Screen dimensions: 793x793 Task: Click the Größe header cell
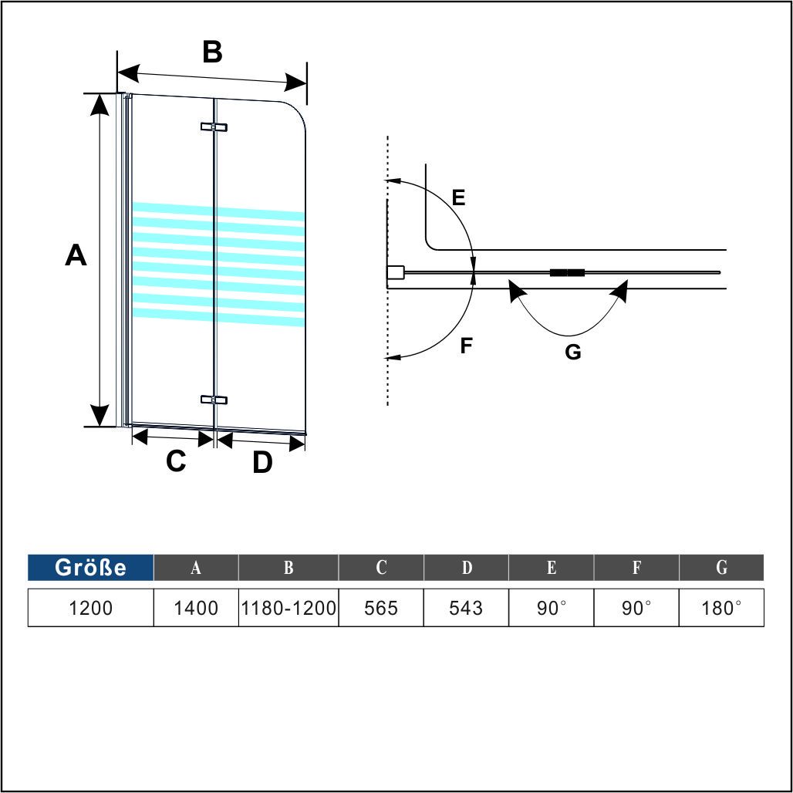(90, 568)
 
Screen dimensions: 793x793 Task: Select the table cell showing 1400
(196, 607)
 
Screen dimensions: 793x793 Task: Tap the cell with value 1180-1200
(289, 607)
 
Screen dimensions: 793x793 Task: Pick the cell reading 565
(381, 607)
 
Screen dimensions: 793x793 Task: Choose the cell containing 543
(466, 607)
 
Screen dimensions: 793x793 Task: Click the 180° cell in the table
(721, 607)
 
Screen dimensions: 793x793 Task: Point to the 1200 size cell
(90, 607)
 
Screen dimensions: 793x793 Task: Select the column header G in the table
(721, 568)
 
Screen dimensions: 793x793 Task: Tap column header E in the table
(552, 568)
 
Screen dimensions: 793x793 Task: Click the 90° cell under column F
(636, 607)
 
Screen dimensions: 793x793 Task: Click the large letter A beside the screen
(76, 255)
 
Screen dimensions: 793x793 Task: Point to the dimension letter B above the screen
(212, 52)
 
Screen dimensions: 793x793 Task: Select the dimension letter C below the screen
(176, 461)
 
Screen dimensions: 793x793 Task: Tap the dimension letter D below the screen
(262, 462)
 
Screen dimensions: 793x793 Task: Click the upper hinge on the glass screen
(214, 127)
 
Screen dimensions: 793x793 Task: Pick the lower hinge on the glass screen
(214, 400)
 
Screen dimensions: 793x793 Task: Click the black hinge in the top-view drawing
(567, 272)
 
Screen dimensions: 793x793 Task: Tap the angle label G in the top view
(573, 352)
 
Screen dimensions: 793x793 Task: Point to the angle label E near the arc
(459, 197)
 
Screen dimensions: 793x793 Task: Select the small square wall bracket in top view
(396, 272)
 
